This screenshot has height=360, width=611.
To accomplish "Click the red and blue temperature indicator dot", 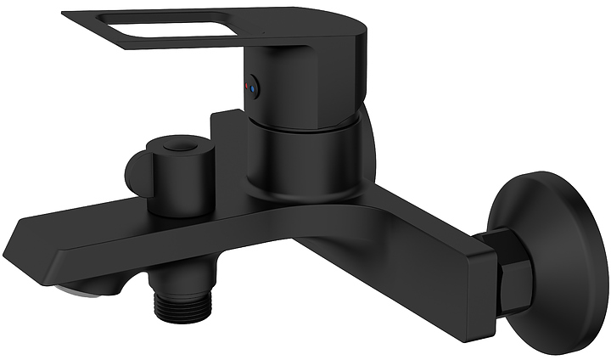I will click(x=250, y=86).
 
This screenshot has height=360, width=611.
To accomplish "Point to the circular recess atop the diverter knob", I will click(x=176, y=149).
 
